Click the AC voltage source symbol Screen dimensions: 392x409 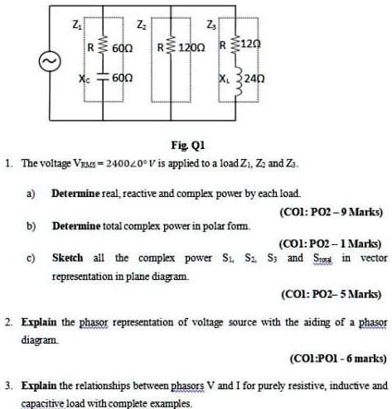pyautogui.click(x=50, y=61)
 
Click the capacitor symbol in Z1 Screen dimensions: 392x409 pyautogui.click(x=103, y=78)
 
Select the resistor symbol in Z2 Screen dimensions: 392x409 pyautogui.click(x=171, y=46)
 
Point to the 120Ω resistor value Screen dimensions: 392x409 pyautogui.click(x=191, y=48)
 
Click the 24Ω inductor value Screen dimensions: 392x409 pyautogui.click(x=254, y=79)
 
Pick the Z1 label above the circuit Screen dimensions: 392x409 pyautogui.click(x=77, y=25)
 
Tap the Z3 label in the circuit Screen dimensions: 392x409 pyautogui.click(x=211, y=25)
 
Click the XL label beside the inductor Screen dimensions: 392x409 pyautogui.click(x=224, y=79)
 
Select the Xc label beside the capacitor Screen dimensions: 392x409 pyautogui.click(x=85, y=79)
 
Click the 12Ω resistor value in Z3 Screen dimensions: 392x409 pyautogui.click(x=251, y=44)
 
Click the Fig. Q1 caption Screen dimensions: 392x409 pyautogui.click(x=188, y=145)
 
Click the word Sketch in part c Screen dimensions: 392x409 pyautogui.click(x=68, y=257)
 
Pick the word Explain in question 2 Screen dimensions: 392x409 pyautogui.click(x=39, y=322)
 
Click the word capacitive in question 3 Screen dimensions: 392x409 pyautogui.click(x=43, y=403)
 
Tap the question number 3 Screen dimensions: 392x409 pyautogui.click(x=8, y=385)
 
